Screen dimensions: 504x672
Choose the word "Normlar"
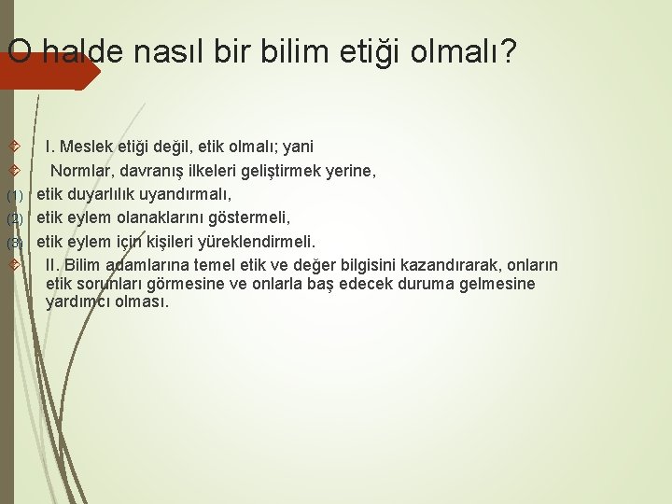coord(81,171)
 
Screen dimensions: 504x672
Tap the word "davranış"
coord(151,171)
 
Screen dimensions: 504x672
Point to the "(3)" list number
coord(14,244)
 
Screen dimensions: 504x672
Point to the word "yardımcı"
coord(80,302)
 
